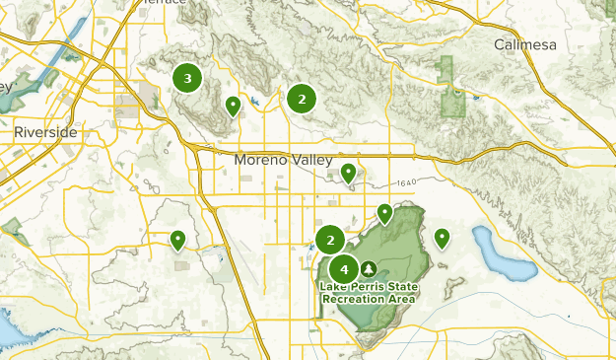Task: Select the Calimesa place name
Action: tap(525, 45)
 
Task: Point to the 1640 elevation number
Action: tap(410, 183)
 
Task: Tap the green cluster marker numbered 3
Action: tap(187, 78)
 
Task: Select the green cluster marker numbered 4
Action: tap(344, 268)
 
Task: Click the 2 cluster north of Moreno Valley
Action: tap(301, 98)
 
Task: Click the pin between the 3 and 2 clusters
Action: tap(234, 105)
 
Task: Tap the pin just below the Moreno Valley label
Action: tap(348, 173)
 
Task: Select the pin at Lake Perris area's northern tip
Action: tap(385, 212)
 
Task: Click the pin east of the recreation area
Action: tap(443, 237)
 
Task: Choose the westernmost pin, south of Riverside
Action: tap(178, 239)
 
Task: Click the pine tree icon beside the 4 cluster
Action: tap(369, 268)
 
